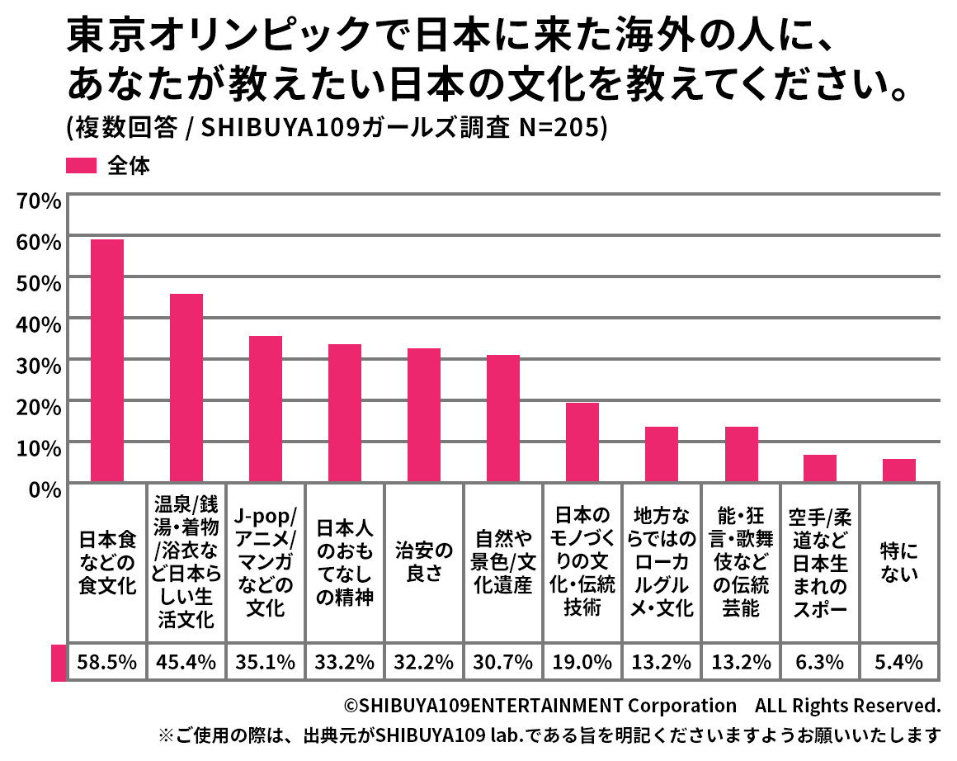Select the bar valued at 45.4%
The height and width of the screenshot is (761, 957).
tap(186, 388)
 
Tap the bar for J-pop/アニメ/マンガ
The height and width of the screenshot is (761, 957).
tap(266, 409)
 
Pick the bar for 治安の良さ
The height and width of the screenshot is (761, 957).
tap(424, 415)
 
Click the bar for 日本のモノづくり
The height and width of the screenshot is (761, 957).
tap(582, 442)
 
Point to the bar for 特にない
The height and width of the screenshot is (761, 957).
tap(899, 470)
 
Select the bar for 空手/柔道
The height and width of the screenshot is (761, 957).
tap(820, 469)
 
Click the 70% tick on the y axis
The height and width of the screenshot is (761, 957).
tap(38, 200)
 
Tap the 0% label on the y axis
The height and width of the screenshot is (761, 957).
tap(43, 489)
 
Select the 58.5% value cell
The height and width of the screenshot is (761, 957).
tap(107, 662)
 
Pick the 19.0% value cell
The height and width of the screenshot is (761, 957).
tap(582, 662)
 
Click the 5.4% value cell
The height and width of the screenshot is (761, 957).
tap(899, 662)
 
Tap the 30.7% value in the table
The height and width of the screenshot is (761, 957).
tap(503, 662)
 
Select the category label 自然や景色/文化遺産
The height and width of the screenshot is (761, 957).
tap(503, 562)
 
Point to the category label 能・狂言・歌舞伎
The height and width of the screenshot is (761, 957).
tap(741, 562)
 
